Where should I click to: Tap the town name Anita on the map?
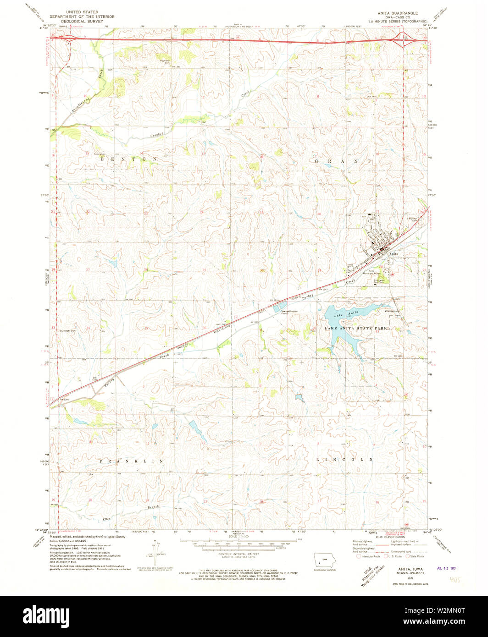394,253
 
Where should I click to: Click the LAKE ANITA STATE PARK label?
356,329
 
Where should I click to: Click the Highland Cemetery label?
165,61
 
